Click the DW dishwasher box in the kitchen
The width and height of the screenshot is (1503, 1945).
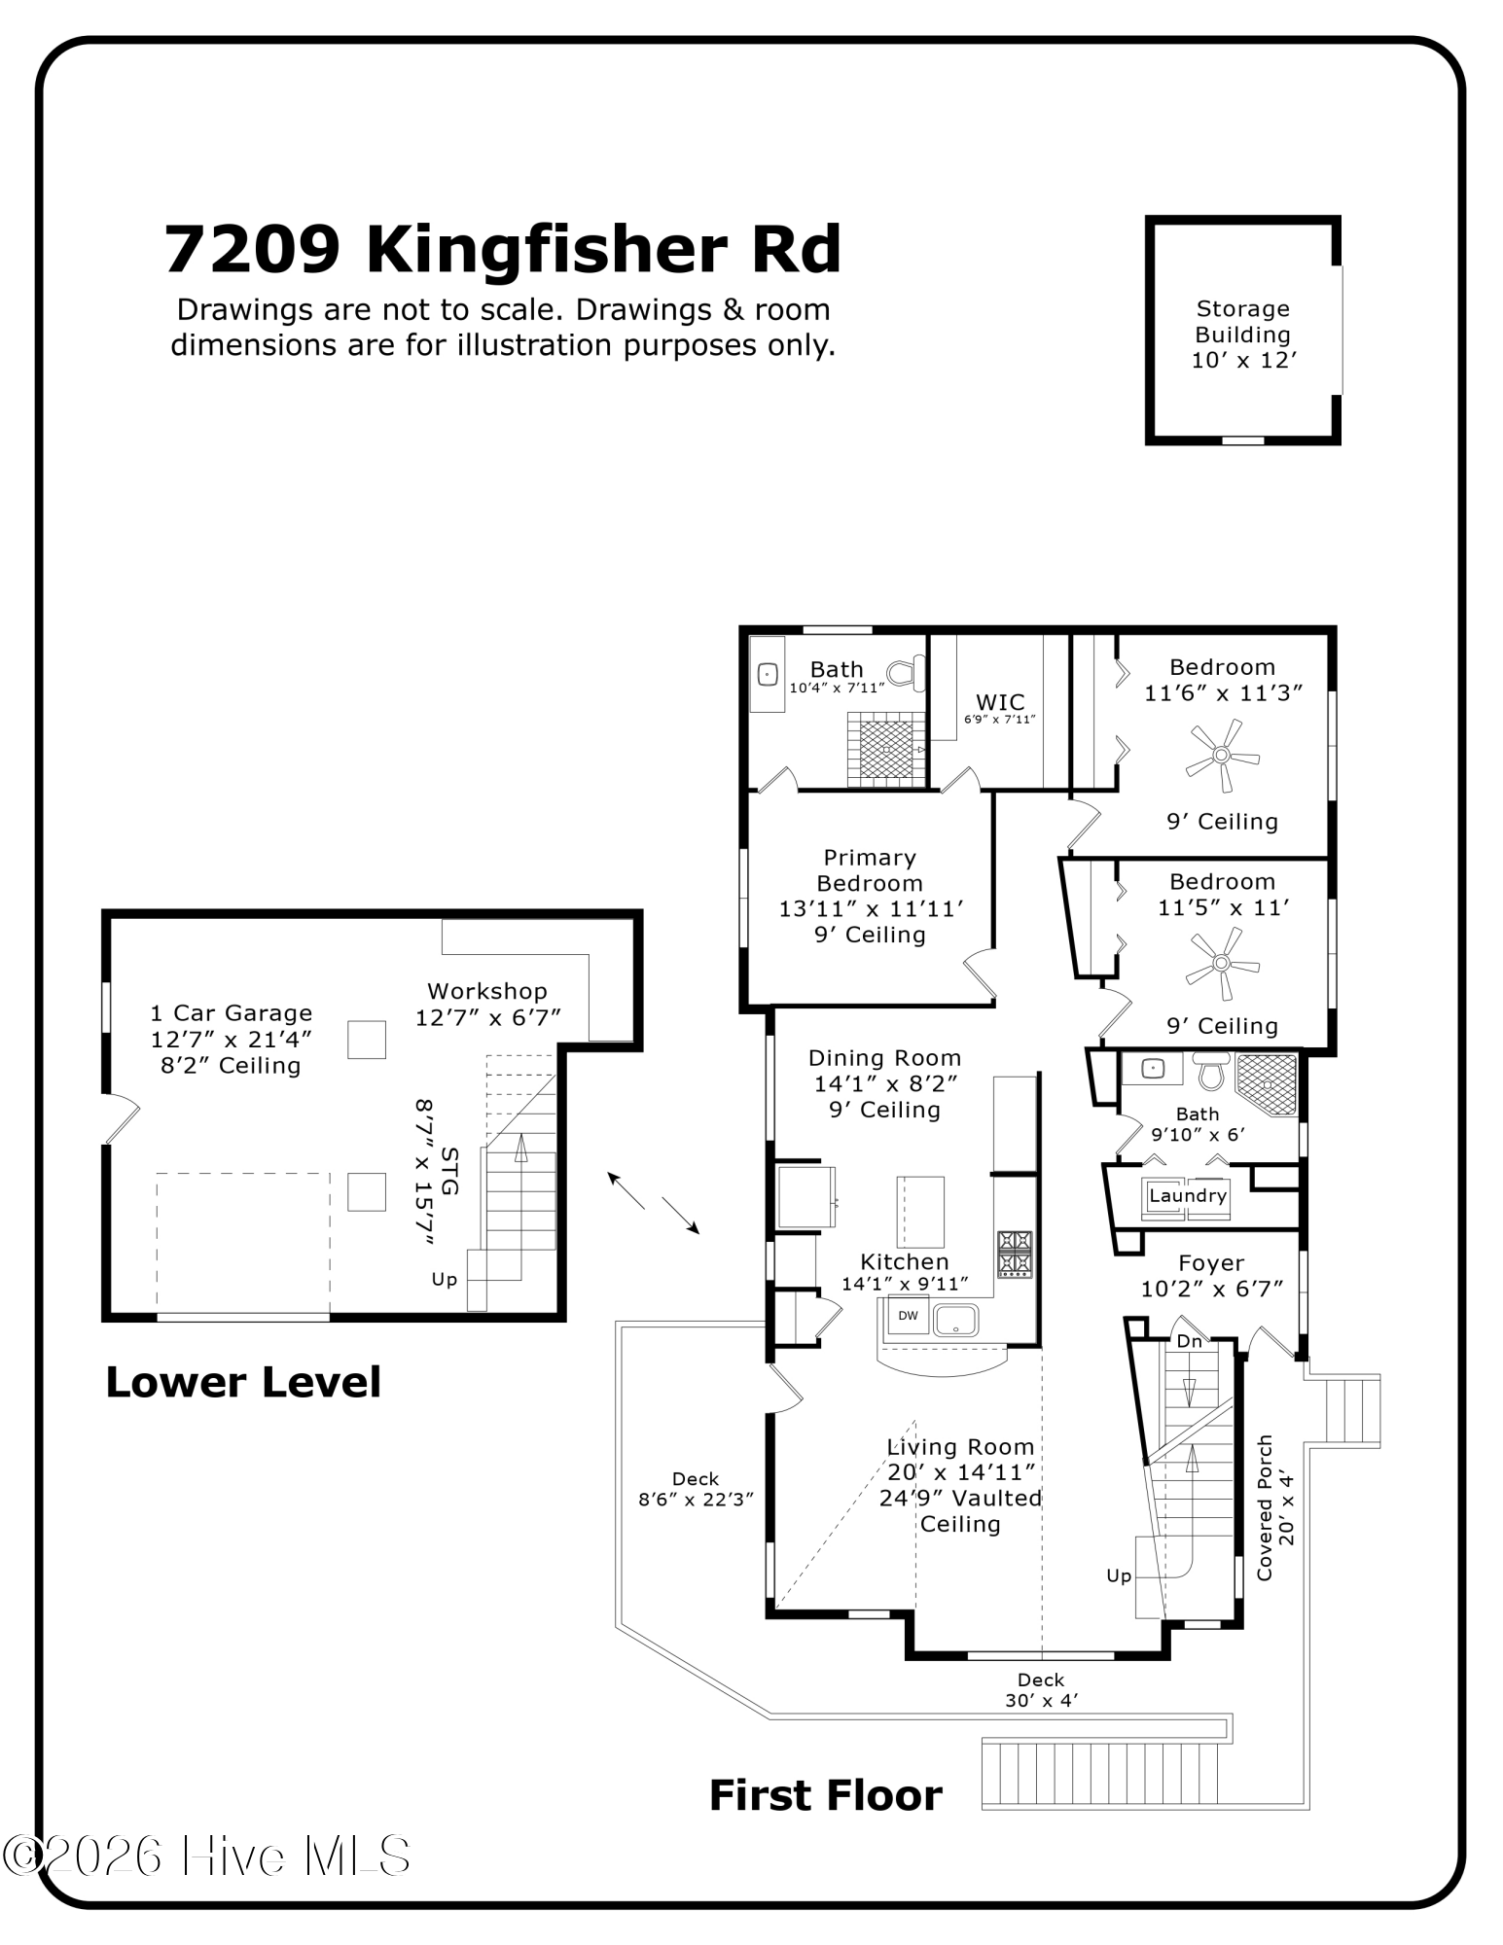(x=907, y=1316)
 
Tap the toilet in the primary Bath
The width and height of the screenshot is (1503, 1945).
(x=906, y=673)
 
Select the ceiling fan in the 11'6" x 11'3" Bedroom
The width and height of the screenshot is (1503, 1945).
(x=1222, y=755)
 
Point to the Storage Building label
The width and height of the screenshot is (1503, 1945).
(x=1243, y=335)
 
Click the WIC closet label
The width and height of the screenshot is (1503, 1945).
(x=1000, y=702)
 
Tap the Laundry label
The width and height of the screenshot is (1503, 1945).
(x=1188, y=1195)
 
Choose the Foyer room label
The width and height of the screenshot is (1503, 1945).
(x=1211, y=1263)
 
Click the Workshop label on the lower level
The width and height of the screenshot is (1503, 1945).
(x=487, y=992)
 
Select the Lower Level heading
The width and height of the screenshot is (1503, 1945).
(x=243, y=1382)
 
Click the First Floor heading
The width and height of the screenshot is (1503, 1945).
(x=826, y=1795)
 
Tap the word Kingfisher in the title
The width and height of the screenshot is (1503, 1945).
(x=546, y=249)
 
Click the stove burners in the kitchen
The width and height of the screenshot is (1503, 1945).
(x=1015, y=1254)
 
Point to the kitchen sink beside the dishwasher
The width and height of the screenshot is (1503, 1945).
(x=955, y=1320)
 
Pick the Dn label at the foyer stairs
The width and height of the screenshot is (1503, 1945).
(x=1190, y=1342)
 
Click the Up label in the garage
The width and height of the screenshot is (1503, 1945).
(x=445, y=1279)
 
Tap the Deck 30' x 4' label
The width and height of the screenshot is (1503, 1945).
(x=1041, y=1690)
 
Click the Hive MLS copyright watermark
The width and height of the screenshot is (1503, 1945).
(x=205, y=1856)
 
